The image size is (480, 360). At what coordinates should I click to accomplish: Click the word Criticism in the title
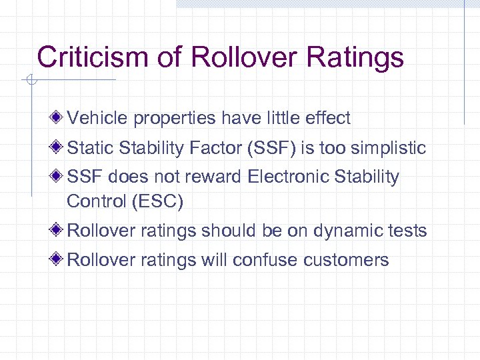[93, 57]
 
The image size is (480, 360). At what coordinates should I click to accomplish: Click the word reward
[214, 177]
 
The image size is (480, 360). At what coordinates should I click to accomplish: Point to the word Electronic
[292, 177]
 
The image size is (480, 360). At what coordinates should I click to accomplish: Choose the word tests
[406, 231]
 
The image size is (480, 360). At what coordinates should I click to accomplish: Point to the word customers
[346, 259]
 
